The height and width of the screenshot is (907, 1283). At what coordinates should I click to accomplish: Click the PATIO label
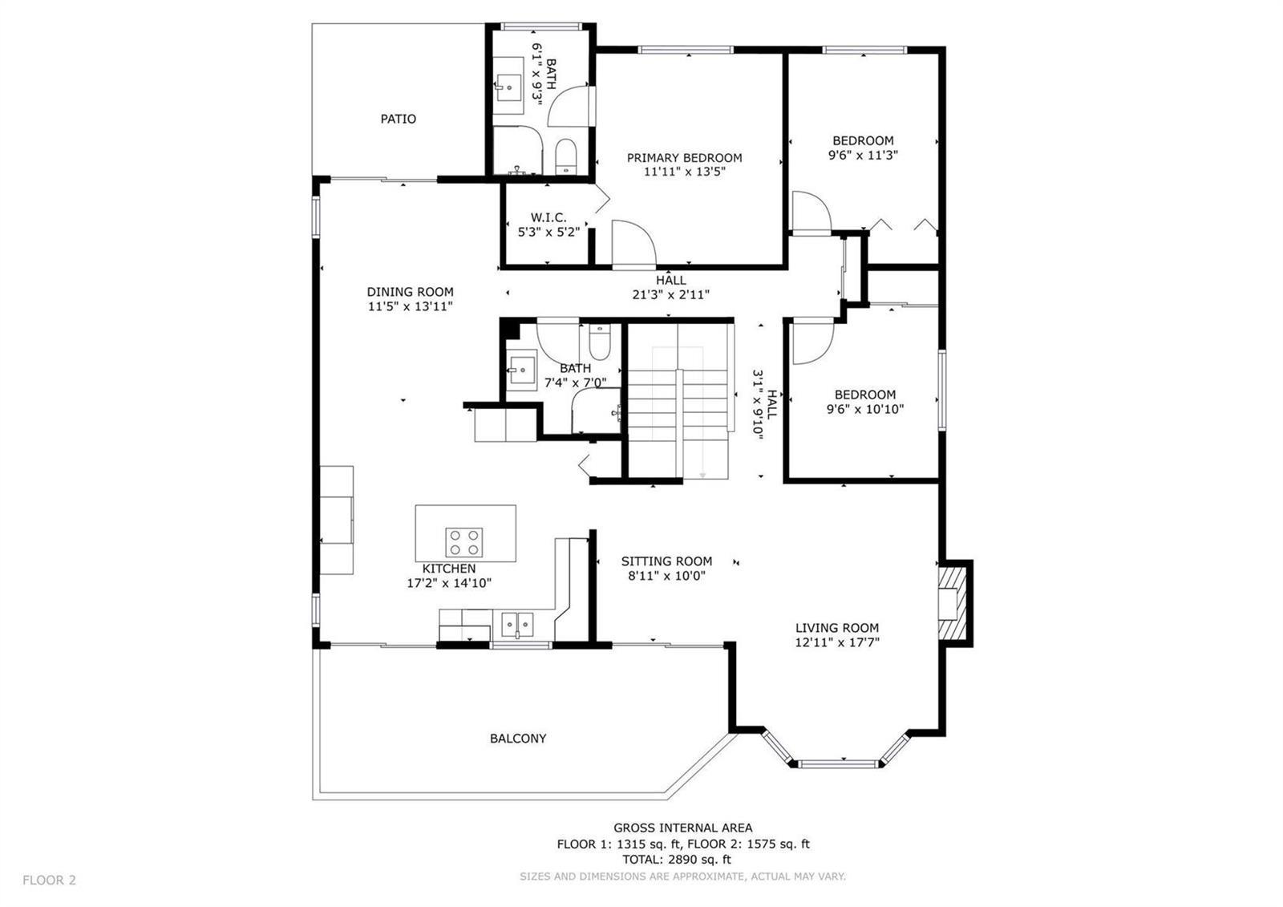point(398,119)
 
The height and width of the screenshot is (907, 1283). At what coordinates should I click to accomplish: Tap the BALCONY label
point(518,739)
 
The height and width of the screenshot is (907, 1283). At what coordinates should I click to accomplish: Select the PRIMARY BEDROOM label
point(685,157)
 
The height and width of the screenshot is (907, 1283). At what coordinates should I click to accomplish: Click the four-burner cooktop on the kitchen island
point(464,542)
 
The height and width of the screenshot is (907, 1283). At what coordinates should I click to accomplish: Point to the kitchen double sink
point(517,624)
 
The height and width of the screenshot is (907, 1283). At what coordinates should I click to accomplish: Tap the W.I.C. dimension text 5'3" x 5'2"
point(548,232)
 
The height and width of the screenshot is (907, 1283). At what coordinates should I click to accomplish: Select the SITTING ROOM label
point(666,561)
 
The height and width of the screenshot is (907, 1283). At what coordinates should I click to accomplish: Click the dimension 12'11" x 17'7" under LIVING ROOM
point(837,642)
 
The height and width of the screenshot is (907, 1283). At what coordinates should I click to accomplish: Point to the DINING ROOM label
point(410,292)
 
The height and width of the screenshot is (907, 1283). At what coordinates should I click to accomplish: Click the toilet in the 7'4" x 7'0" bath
point(600,342)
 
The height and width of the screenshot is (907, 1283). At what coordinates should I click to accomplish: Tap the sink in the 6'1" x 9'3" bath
point(508,87)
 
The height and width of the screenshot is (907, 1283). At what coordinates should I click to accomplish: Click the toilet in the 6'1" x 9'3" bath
point(566,156)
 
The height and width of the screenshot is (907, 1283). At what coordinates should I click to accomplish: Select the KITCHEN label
point(449,569)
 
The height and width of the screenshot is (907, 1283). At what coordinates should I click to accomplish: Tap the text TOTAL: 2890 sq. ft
point(677,860)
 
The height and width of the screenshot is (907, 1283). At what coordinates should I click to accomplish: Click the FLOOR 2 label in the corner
point(49,880)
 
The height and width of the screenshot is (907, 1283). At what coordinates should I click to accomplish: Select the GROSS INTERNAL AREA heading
point(682,828)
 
